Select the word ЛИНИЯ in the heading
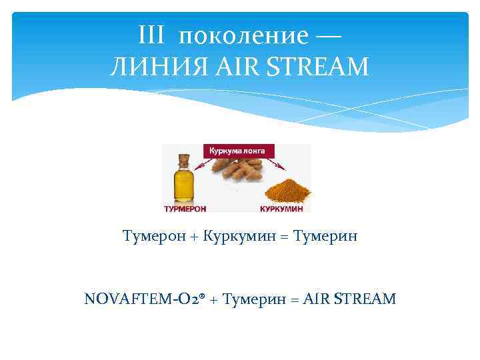click(144, 67)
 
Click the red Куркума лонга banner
click(237, 151)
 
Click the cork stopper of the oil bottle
click(182, 159)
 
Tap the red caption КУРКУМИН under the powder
click(280, 208)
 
